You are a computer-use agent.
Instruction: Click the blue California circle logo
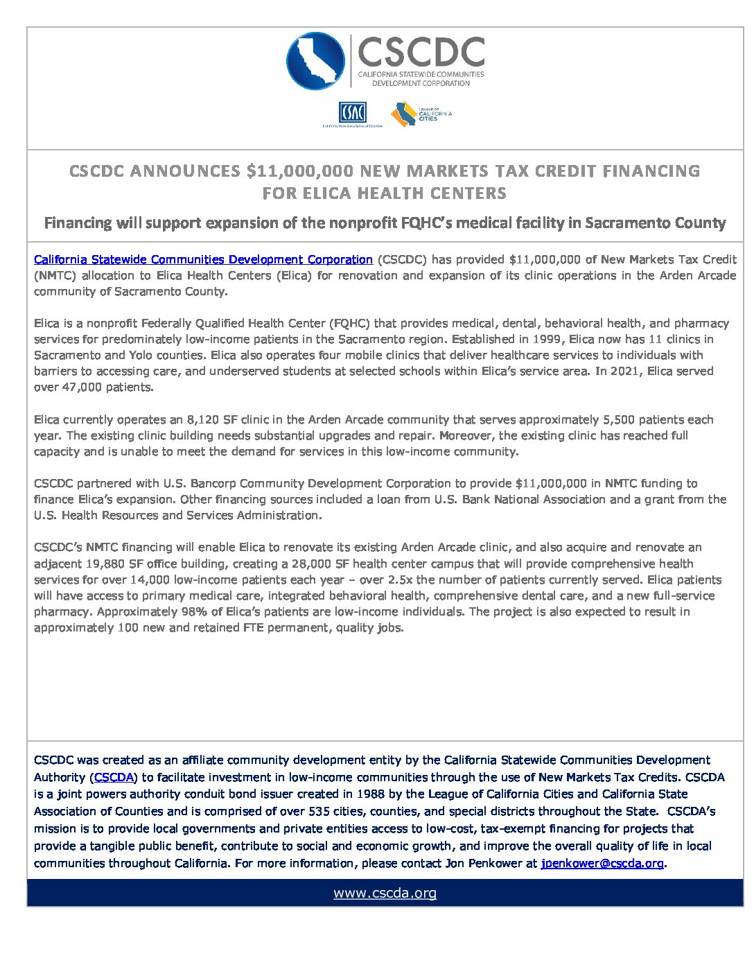point(315,61)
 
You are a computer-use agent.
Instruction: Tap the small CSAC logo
point(352,113)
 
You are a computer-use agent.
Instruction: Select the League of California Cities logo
point(421,114)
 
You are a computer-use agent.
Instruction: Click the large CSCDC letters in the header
point(421,52)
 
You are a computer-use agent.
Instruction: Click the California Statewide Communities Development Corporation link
point(203,259)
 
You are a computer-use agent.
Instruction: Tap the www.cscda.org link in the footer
point(385,893)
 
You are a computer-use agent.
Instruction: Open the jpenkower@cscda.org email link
point(602,863)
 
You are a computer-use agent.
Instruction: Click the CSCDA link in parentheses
point(114,777)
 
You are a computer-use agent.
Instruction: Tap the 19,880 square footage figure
point(105,564)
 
